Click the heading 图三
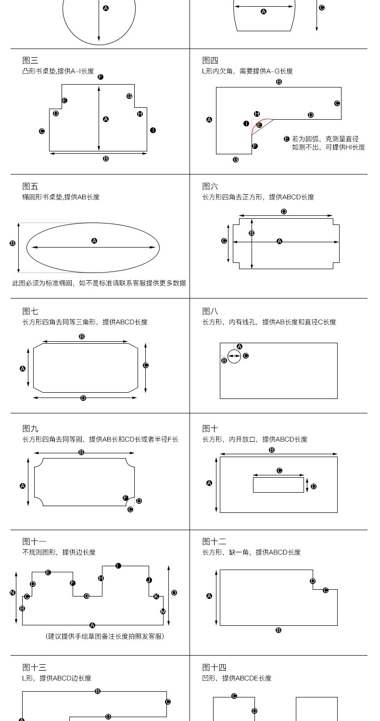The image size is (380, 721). (30, 60)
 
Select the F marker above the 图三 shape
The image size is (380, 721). (101, 77)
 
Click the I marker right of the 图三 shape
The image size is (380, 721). (153, 130)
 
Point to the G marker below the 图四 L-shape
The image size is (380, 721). (236, 159)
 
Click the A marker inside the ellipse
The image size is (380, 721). (94, 241)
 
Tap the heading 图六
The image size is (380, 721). (210, 186)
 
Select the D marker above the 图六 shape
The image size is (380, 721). (284, 211)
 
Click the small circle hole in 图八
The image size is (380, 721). (234, 356)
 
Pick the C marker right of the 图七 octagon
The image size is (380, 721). (146, 365)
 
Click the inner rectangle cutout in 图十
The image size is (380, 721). (278, 485)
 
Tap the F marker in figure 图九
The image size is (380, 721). (126, 498)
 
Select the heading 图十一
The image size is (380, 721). (34, 542)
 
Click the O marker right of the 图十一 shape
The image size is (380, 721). (174, 593)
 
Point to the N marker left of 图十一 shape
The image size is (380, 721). (13, 593)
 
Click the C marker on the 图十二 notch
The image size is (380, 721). (326, 590)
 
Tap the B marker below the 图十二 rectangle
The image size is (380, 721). (279, 630)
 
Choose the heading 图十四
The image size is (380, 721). (214, 667)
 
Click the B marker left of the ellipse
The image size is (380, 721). (13, 243)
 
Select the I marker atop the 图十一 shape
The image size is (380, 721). (118, 566)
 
